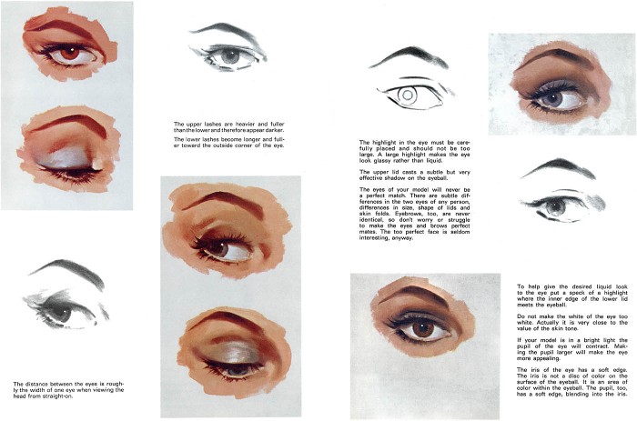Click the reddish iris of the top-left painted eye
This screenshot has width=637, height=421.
pos(70,53)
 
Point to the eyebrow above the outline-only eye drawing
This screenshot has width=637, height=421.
pos(409,57)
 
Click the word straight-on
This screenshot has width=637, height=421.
pos(58,396)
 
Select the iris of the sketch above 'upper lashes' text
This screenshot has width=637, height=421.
pos(230,56)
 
